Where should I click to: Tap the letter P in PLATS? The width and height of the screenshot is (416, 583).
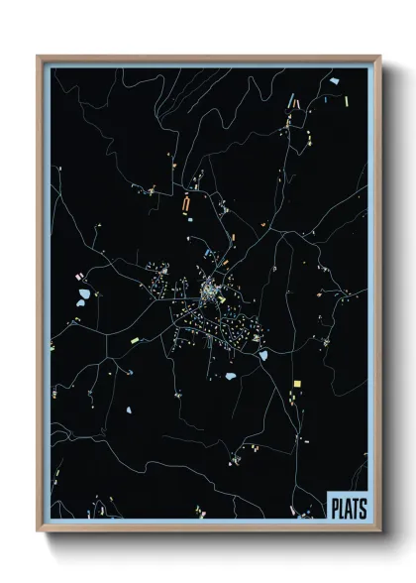[334, 507]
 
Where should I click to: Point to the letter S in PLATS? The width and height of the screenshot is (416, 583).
[362, 507]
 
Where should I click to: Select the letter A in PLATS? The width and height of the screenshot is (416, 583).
[348, 507]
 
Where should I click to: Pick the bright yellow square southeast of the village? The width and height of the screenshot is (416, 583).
[295, 383]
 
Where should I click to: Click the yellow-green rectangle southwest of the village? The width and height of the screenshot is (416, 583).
[135, 340]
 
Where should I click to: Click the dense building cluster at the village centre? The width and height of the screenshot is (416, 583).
[210, 291]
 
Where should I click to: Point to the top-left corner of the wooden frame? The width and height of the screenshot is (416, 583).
[39, 57]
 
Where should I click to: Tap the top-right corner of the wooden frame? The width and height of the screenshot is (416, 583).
[380, 57]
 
